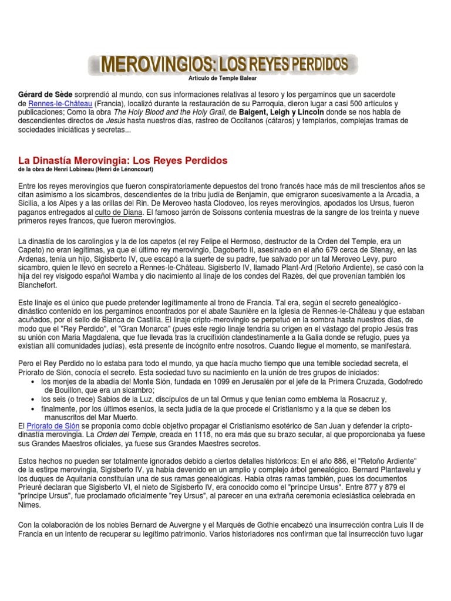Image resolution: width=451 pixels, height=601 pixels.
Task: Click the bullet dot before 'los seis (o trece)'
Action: point(31,399)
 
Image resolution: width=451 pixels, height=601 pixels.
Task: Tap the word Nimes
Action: point(30,505)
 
